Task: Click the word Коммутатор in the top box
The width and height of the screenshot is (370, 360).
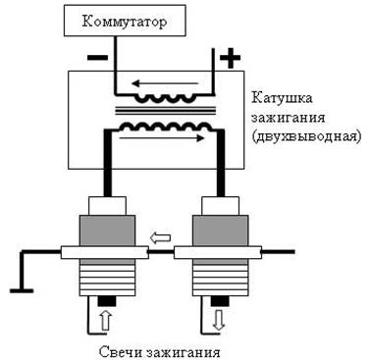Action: [x=125, y=23]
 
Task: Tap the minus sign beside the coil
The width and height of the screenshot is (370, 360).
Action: [x=97, y=58]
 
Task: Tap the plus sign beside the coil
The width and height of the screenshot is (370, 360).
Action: [x=230, y=59]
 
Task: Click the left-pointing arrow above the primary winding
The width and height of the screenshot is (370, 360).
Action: [x=165, y=83]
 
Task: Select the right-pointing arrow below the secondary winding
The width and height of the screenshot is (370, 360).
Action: [x=162, y=138]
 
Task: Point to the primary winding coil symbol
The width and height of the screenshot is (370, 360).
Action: [x=166, y=98]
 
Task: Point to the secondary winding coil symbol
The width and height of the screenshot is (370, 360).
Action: [x=165, y=127]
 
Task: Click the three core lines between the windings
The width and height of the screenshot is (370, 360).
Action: [x=165, y=111]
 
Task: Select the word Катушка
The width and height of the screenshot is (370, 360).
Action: [x=282, y=98]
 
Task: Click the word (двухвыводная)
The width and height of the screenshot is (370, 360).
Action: [x=306, y=136]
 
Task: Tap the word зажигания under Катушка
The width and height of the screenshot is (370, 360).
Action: [x=289, y=118]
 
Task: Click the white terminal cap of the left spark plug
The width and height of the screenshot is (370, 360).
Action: [x=107, y=206]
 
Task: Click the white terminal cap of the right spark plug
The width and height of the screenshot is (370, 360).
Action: [x=221, y=206]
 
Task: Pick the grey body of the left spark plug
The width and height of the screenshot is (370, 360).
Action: [x=107, y=231]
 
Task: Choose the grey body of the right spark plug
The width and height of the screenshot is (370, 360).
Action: [x=220, y=231]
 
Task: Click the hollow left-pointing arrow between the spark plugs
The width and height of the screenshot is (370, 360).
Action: [x=160, y=237]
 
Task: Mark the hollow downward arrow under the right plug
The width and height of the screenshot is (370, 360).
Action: [x=218, y=320]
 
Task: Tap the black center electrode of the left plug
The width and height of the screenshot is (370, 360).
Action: [x=107, y=301]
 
